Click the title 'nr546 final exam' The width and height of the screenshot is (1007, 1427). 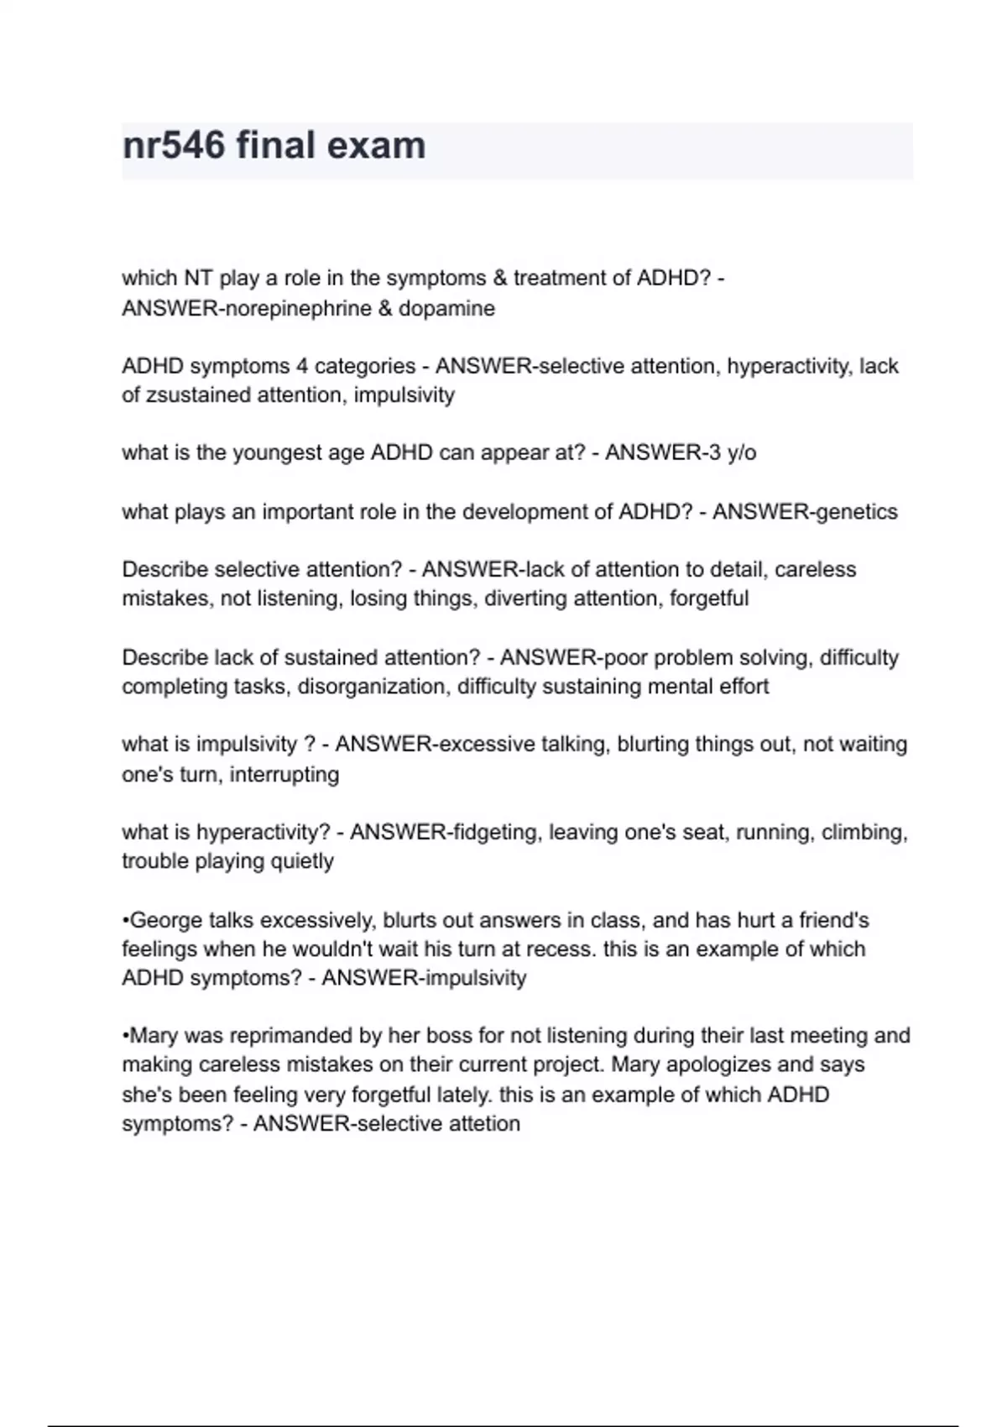click(x=274, y=146)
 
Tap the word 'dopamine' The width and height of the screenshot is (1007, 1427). click(x=446, y=309)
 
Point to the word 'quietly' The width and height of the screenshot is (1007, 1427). click(x=301, y=861)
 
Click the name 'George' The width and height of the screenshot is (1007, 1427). click(x=166, y=921)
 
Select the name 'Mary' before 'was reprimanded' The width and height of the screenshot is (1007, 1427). click(x=155, y=1036)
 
